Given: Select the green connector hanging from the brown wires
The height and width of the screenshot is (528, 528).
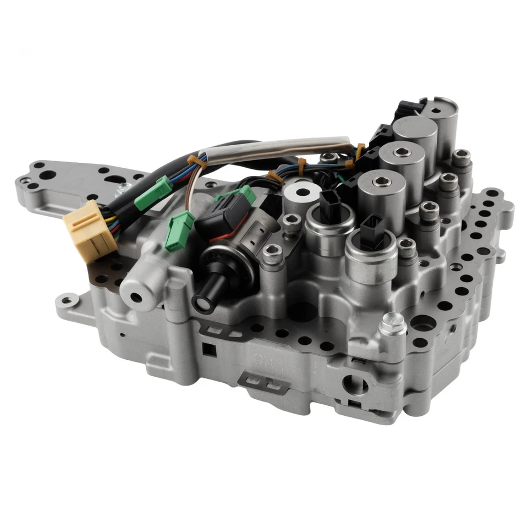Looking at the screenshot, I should pyautogui.click(x=180, y=230).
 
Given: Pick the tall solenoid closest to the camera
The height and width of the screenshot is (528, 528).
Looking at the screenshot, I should pyautogui.click(x=381, y=196).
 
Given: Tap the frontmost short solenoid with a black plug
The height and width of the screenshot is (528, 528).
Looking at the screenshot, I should pyautogui.click(x=371, y=245).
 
